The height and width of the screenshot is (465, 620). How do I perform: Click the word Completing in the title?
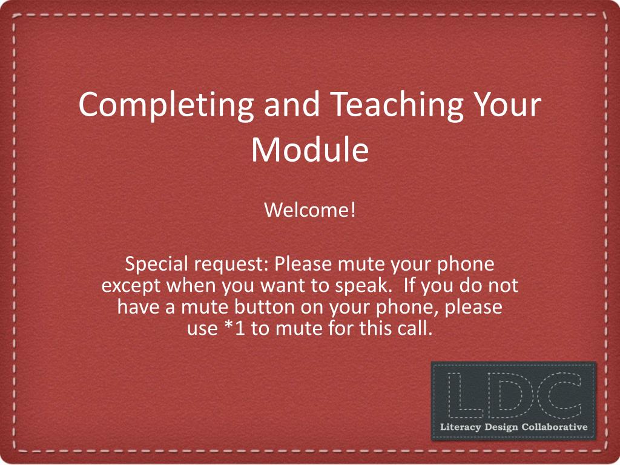[166, 104]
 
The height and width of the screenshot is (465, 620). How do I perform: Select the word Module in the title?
[309, 150]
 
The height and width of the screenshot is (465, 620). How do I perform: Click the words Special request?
[197, 265]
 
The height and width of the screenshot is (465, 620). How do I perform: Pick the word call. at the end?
[415, 329]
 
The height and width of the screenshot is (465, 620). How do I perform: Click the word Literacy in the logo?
[461, 427]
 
